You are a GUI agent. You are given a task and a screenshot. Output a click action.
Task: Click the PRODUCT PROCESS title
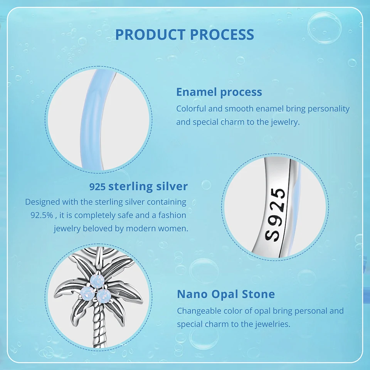tap(185, 34)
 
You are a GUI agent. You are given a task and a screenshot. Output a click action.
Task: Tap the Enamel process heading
tap(219, 92)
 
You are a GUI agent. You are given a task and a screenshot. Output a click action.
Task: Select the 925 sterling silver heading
tap(138, 187)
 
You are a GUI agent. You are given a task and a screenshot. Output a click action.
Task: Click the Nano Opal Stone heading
tap(226, 294)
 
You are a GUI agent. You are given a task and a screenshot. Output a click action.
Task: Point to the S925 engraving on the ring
tap(275, 215)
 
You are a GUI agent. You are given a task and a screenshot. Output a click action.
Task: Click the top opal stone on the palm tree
tap(97, 281)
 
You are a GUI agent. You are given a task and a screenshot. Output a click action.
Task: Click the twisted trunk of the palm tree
tap(98, 326)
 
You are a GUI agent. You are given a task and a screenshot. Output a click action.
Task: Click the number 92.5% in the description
tap(42, 215)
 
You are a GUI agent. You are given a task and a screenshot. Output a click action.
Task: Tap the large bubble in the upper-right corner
tap(325, 28)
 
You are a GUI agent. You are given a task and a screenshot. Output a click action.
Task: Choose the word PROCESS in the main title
tap(222, 34)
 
